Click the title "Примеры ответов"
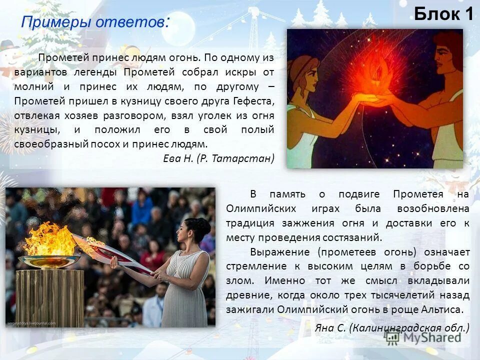pyautogui.click(x=93, y=22)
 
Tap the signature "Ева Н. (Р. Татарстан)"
pyautogui.click(x=219, y=158)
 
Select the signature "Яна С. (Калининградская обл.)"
pyautogui.click(x=392, y=328)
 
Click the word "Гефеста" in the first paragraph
pyautogui.click(x=253, y=101)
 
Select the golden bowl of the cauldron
pyautogui.click(x=49, y=261)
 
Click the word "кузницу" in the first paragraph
pyautogui.click(x=138, y=101)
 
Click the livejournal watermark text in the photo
pyautogui.click(x=31, y=323)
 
